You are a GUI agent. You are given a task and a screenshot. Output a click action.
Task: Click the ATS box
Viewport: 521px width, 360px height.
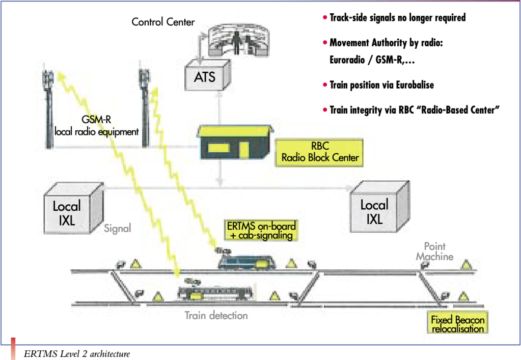(x=205, y=77)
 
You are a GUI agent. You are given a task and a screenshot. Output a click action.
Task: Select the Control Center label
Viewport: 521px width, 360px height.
(x=163, y=22)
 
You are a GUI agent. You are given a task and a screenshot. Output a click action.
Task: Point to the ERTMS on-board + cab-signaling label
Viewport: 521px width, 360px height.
(x=261, y=231)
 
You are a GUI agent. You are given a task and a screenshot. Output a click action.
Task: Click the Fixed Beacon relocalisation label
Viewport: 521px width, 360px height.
(x=458, y=324)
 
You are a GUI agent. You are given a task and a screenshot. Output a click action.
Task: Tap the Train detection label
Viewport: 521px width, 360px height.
(x=216, y=316)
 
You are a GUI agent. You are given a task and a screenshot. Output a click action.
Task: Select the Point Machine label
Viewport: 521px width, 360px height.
(x=434, y=252)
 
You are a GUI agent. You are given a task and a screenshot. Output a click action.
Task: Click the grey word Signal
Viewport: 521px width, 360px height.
(x=118, y=228)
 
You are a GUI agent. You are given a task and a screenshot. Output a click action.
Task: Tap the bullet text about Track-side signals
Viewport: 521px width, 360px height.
(x=397, y=18)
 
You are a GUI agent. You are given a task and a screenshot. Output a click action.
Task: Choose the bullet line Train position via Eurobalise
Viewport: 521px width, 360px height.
(x=381, y=85)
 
